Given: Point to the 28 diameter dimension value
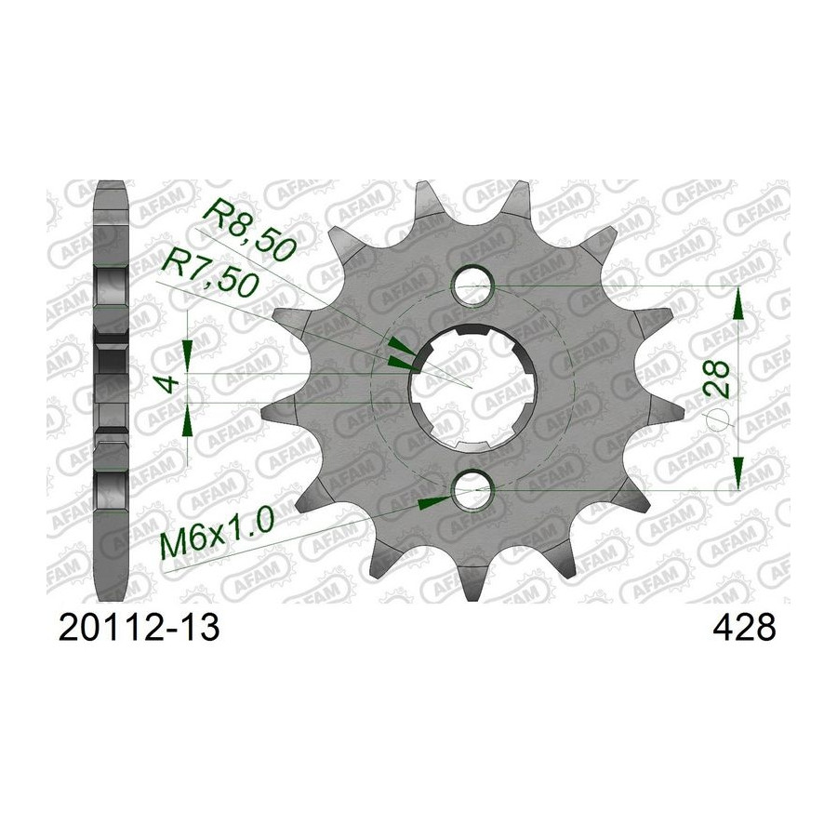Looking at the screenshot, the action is point(716,379).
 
